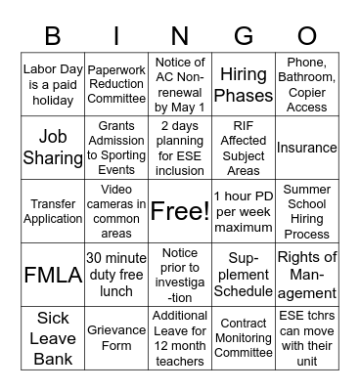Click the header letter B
point(53,36)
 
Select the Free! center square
point(180,210)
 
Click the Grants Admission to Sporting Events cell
point(116,149)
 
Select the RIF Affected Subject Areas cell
point(244,149)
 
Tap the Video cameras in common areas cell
point(116,211)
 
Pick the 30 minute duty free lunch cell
point(116,274)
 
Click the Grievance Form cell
point(116,336)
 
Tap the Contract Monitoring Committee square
point(244,336)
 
